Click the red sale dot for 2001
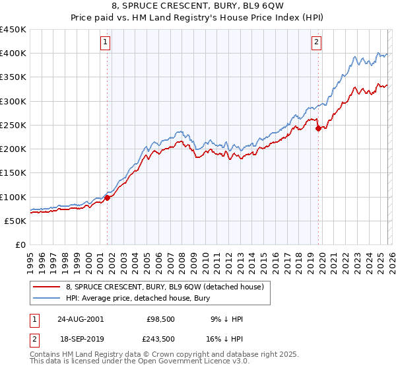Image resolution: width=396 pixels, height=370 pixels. click(107, 198)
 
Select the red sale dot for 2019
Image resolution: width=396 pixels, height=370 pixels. click(318, 128)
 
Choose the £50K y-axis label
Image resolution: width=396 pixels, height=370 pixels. click(16, 221)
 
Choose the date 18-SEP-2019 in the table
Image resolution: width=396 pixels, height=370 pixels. click(80, 338)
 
